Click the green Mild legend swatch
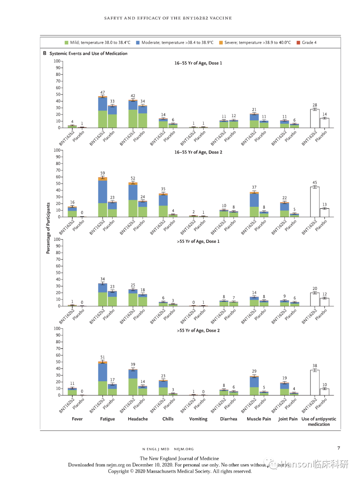(x=66, y=43)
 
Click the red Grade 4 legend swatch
(x=298, y=43)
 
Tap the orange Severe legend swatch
(x=221, y=43)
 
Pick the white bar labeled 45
(x=315, y=202)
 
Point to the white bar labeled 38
(x=315, y=383)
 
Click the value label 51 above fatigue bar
(x=103, y=357)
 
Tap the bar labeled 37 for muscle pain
(x=254, y=204)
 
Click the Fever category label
(x=77, y=419)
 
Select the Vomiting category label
(x=198, y=419)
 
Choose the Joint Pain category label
(x=288, y=419)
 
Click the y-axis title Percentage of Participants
(x=48, y=228)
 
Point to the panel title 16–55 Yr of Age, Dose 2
(x=198, y=152)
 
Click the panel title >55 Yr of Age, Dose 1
(x=198, y=242)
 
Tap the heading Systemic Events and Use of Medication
(x=88, y=53)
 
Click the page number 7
(x=339, y=448)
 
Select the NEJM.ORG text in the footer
(x=184, y=449)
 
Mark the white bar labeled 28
(x=315, y=119)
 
